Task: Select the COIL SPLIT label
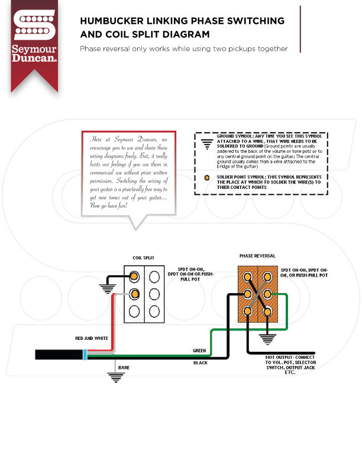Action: coord(143,258)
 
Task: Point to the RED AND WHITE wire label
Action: coord(91,338)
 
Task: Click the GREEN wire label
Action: coord(199,351)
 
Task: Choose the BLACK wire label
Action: coord(200,362)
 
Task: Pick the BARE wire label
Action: coord(124,368)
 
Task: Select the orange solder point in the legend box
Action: coord(205,177)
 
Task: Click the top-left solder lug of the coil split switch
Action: coord(135,277)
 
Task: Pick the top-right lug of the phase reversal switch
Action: coord(267,276)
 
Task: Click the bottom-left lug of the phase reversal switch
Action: coord(248,311)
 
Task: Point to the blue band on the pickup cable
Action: coord(86,355)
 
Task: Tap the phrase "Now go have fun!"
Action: coord(112,205)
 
